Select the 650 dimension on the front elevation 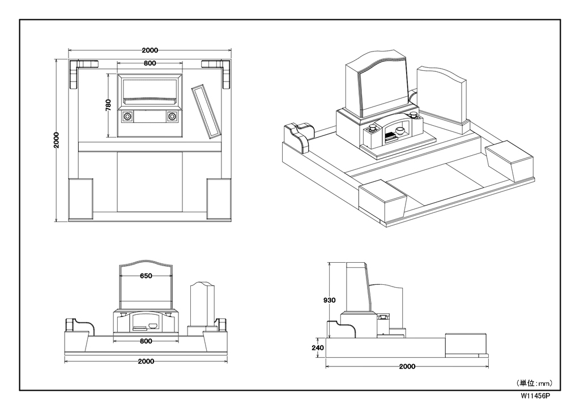[146, 276]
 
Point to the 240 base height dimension [317, 348]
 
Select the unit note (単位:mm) [534, 383]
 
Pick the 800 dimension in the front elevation [146, 341]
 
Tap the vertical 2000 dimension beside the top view [57, 140]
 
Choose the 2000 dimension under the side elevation [407, 366]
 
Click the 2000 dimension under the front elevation [146, 361]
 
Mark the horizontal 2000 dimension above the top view [150, 50]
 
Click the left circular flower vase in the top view [127, 117]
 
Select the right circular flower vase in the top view [172, 117]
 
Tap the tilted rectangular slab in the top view [206, 112]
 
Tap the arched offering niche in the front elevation [146, 323]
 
